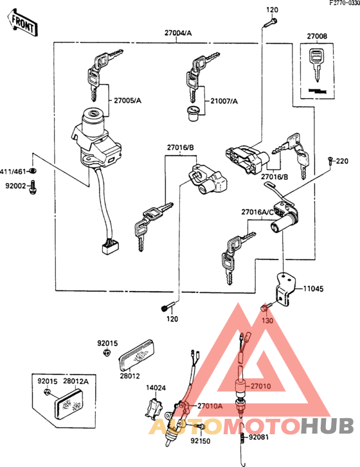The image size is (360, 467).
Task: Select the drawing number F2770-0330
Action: coord(336,4)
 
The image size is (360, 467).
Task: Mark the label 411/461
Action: coord(13,171)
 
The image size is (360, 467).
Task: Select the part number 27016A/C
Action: coord(258,211)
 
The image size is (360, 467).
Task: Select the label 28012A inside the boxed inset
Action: coord(76,380)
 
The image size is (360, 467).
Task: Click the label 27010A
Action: coord(210,405)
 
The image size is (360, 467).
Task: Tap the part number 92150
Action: coord(200,442)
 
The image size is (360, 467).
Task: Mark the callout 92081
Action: coord(258,438)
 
